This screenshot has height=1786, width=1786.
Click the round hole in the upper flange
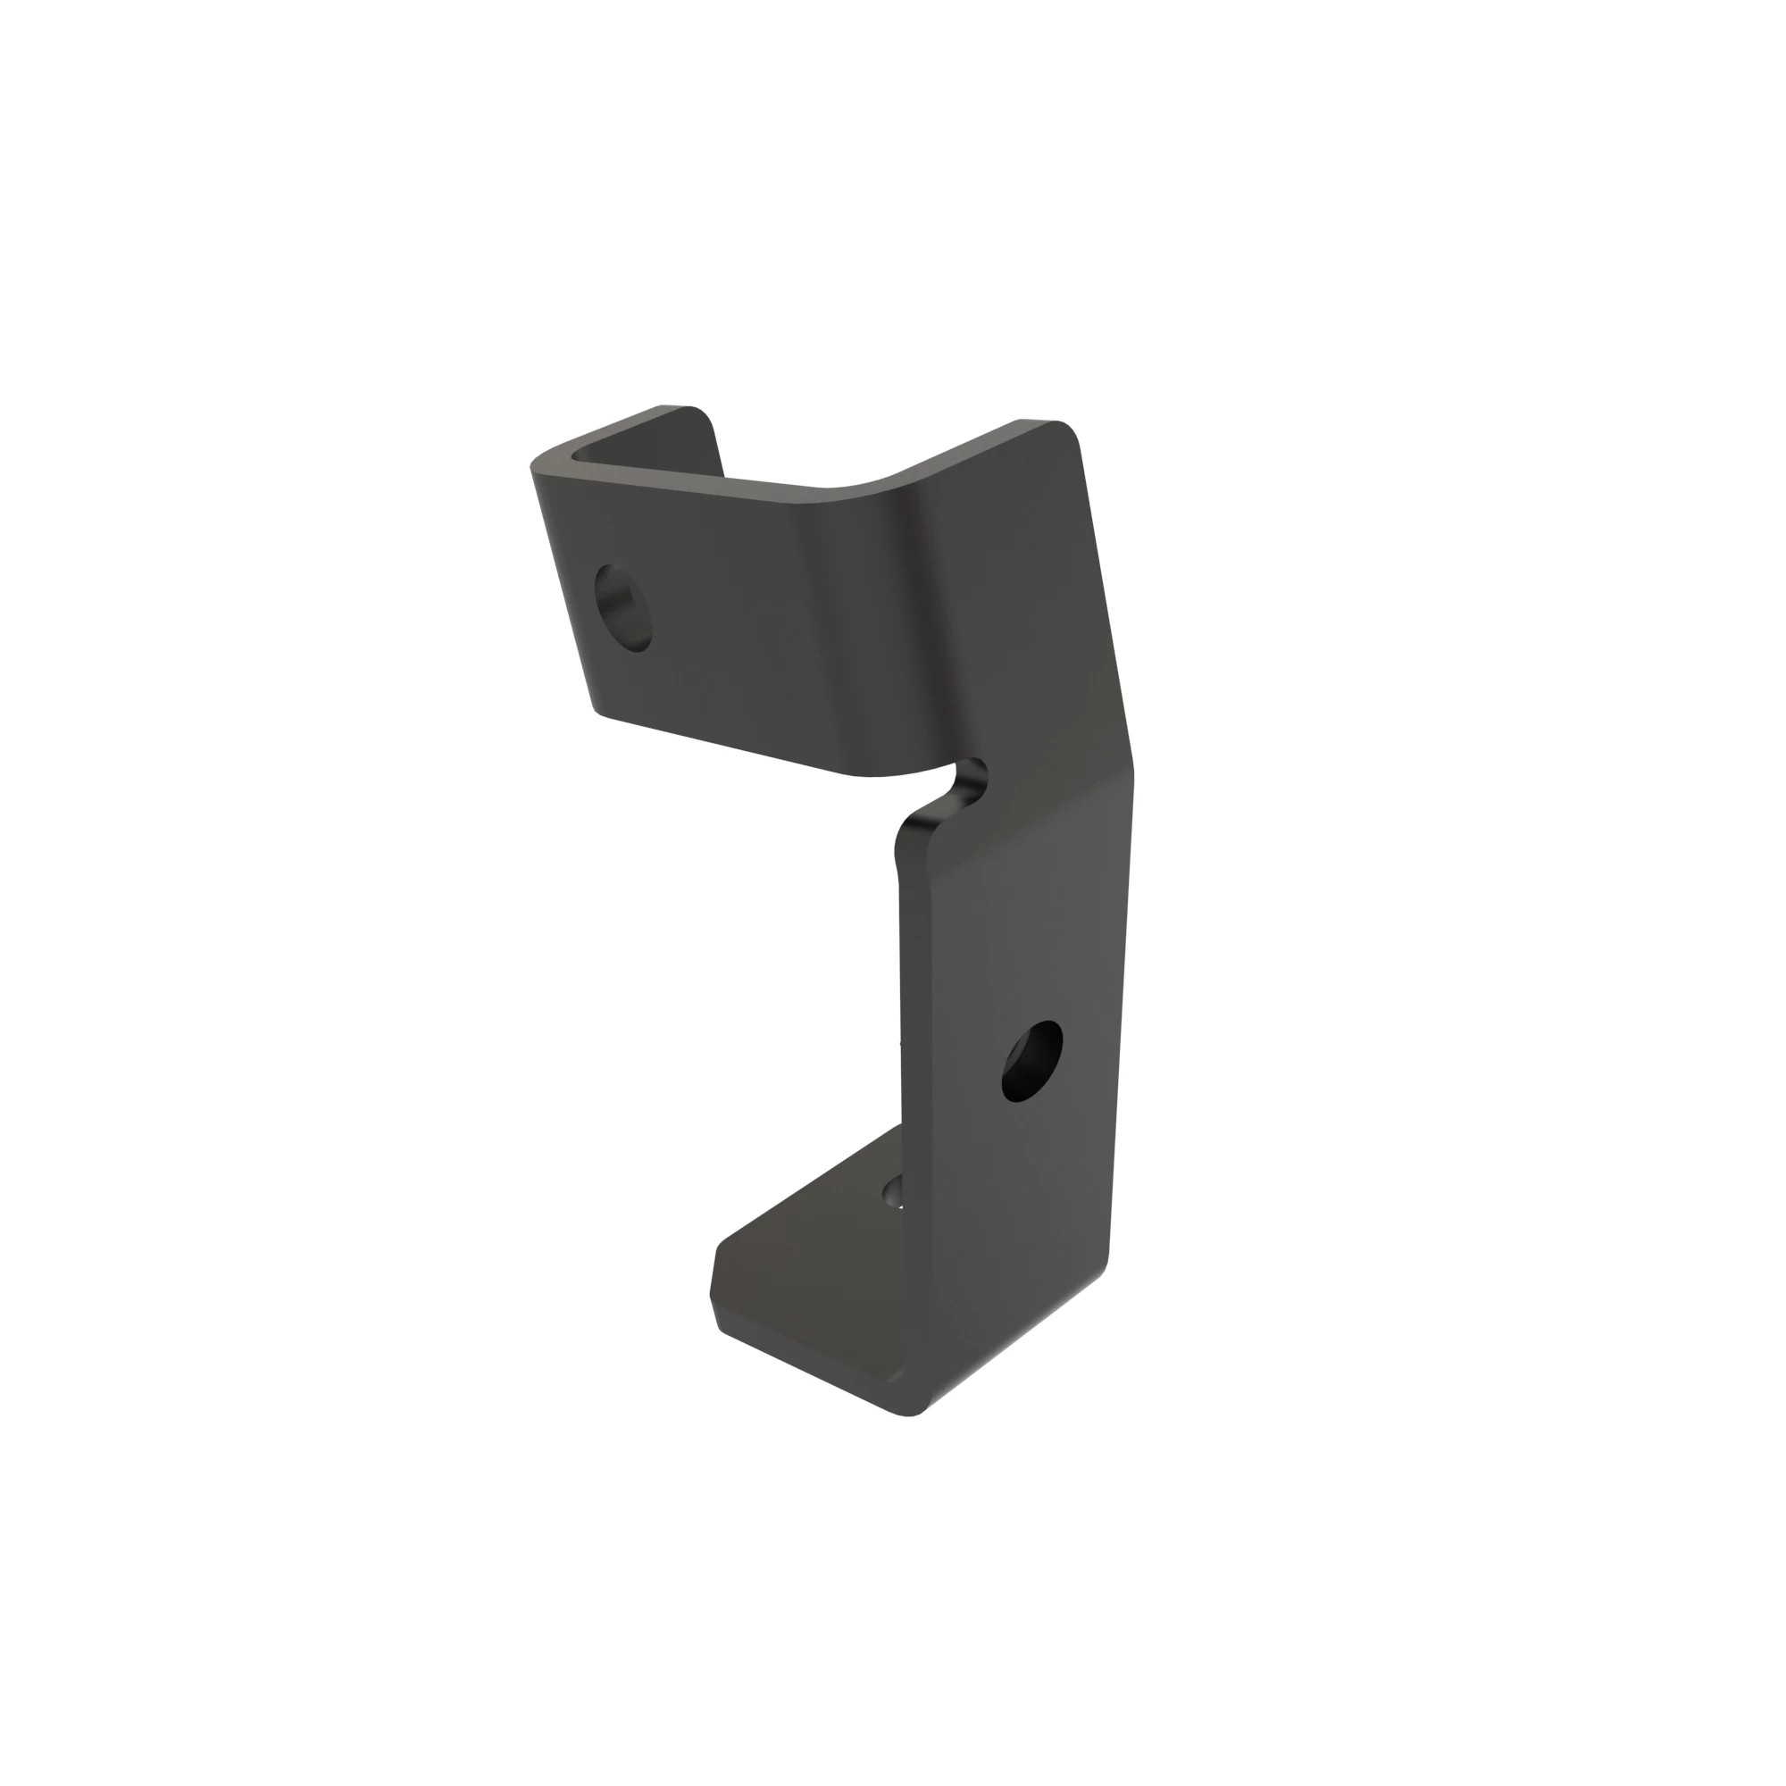(x=623, y=607)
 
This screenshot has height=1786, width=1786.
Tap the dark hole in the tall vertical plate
(x=1031, y=1060)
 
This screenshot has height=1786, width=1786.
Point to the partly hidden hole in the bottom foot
(x=892, y=1191)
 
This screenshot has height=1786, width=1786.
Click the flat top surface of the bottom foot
(x=814, y=1276)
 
